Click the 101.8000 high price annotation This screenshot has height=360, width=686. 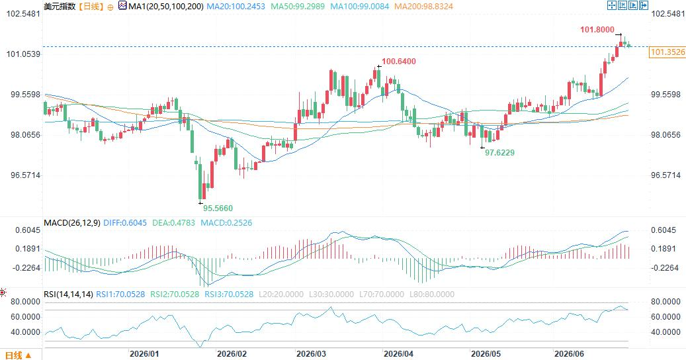pyautogui.click(x=597, y=30)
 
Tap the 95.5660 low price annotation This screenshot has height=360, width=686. pyautogui.click(x=218, y=208)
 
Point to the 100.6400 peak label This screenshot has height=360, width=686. pyautogui.click(x=399, y=62)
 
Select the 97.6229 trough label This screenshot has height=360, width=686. pyautogui.click(x=499, y=153)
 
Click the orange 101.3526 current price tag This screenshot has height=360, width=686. pyautogui.click(x=667, y=52)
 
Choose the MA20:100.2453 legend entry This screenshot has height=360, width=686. pyautogui.click(x=236, y=7)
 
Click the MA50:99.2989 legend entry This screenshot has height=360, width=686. pyautogui.click(x=298, y=7)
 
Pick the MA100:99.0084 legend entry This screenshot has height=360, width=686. pyautogui.click(x=360, y=7)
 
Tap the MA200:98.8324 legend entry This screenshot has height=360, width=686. pyautogui.click(x=423, y=7)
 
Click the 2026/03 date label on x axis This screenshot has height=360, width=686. pyautogui.click(x=311, y=354)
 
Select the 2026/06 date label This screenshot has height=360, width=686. pyautogui.click(x=569, y=354)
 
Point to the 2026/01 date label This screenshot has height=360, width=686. pyautogui.click(x=144, y=354)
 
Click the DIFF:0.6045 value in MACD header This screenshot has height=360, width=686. pyautogui.click(x=125, y=222)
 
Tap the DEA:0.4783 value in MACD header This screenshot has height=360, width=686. pyautogui.click(x=174, y=222)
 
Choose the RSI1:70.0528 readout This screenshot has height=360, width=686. pyautogui.click(x=120, y=294)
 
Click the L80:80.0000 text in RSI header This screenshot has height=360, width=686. pyautogui.click(x=432, y=294)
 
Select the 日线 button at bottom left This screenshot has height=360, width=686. pyautogui.click(x=17, y=355)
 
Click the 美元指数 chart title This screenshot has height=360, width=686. pyautogui.click(x=60, y=7)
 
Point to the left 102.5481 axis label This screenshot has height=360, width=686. pyautogui.click(x=23, y=13)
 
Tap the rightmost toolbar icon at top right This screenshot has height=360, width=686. pyautogui.click(x=644, y=5)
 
